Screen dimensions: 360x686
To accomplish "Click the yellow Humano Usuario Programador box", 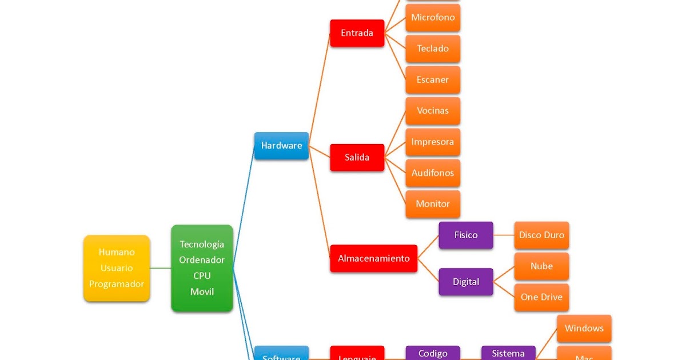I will pos(117,268).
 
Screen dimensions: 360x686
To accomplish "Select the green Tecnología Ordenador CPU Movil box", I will pos(202,268).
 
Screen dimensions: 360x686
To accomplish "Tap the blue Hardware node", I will pos(281,146).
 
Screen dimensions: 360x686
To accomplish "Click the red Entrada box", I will pos(357,33).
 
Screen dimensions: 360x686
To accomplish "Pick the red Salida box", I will pos(357,157).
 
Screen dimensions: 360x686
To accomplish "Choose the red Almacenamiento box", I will pos(373,258).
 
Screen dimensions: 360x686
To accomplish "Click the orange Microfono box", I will pos(433,18).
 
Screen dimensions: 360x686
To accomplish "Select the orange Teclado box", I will pos(433,49).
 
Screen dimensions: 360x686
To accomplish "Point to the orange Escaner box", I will pos(433,79).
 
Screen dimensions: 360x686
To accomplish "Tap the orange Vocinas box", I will pos(433,111).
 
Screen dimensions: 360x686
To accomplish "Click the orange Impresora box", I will pos(433,142).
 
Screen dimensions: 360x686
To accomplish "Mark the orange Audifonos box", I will pos(433,173).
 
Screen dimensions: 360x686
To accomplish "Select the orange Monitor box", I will pos(433,204).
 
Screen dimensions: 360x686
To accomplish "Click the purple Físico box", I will pos(466,235).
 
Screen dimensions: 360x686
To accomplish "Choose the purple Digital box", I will pos(466,282).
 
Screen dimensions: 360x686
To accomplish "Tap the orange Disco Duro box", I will pos(541,235).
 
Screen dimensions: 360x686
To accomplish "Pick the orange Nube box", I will pos(541,266).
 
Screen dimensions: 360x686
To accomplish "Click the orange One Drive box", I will pos(541,297).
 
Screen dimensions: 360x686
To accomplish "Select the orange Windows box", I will pos(584,329).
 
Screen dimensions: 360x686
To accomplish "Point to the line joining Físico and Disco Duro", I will pos(504,235).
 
